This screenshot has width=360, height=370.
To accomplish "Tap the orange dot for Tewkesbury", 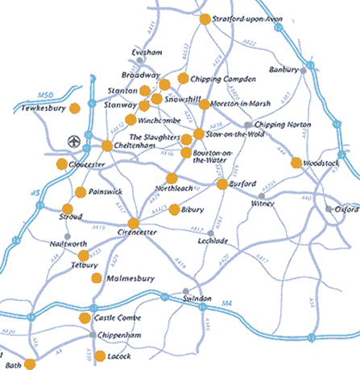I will pos(75,108).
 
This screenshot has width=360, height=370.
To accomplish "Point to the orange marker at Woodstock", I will pos(296,162).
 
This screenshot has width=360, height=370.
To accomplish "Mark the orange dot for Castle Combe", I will pos(85,319).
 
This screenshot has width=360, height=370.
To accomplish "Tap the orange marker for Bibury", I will pos(174,209).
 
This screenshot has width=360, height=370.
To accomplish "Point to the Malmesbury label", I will pos(130,278).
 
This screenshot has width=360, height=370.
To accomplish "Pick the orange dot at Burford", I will pos(222,184).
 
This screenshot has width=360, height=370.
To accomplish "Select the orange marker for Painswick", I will pos(81,192).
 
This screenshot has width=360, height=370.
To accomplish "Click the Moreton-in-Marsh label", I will pos(239,104).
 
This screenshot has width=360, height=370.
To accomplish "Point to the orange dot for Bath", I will pos(31,364).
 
